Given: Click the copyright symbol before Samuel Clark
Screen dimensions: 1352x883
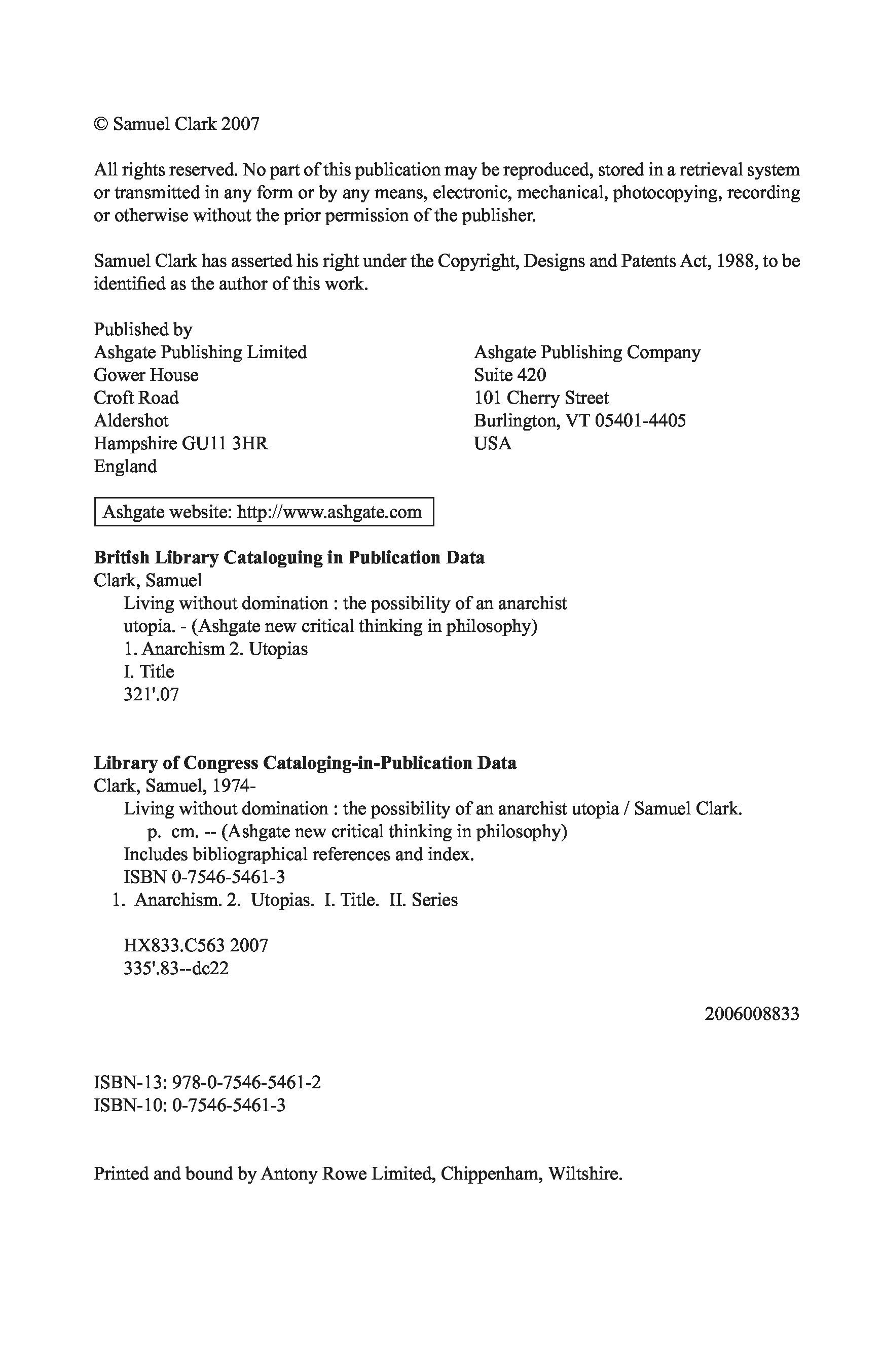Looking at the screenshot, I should click(100, 124).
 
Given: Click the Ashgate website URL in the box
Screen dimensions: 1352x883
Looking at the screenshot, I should click(329, 512).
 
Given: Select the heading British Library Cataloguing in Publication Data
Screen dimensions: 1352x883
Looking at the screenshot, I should click(289, 557).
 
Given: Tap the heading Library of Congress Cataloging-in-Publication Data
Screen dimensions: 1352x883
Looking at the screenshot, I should click(305, 762).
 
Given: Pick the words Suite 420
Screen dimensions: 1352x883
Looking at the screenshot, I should click(510, 375).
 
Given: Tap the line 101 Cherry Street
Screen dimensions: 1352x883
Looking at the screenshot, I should click(541, 398).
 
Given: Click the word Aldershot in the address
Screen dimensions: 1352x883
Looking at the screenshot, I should click(131, 420).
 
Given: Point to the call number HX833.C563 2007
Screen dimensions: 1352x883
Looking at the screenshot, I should click(196, 945).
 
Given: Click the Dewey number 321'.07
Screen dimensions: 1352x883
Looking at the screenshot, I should click(151, 694).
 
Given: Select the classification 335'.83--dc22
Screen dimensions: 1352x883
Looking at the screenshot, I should click(176, 968).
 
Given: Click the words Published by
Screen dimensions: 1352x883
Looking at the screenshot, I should click(143, 329).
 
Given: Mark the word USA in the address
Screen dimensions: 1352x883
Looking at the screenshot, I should click(492, 443).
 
